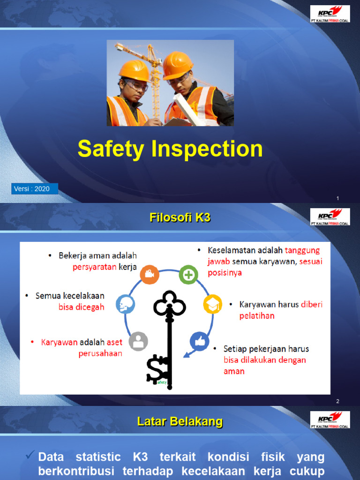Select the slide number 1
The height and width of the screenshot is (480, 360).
(x=337, y=199)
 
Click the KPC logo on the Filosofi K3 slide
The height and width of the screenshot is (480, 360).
(x=330, y=217)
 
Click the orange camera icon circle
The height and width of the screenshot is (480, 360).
(x=150, y=274)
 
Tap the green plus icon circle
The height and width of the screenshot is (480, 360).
(x=188, y=275)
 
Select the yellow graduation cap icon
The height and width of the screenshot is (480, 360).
(x=212, y=304)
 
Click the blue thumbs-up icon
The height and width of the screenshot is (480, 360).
(x=199, y=341)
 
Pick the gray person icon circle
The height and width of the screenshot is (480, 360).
(x=138, y=341)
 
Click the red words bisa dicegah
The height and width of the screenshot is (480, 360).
(x=81, y=307)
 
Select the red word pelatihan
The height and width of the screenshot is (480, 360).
(x=257, y=316)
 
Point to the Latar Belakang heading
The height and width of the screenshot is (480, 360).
(x=180, y=421)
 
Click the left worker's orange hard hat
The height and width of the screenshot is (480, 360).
(x=134, y=70)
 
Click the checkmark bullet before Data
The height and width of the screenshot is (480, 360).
(x=30, y=455)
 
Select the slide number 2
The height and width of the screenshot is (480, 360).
(x=337, y=401)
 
